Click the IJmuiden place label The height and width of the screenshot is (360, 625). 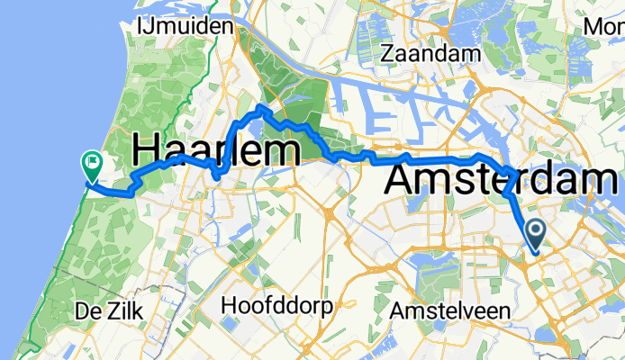pyautogui.click(x=185, y=26)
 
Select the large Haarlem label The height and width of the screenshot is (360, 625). pyautogui.click(x=216, y=148)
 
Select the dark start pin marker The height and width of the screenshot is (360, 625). pyautogui.click(x=536, y=236)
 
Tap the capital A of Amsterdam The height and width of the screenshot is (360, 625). pyautogui.click(x=403, y=178)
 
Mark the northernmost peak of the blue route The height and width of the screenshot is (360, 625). pyautogui.click(x=260, y=107)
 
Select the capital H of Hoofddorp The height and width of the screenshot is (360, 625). pyautogui.click(x=228, y=301)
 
